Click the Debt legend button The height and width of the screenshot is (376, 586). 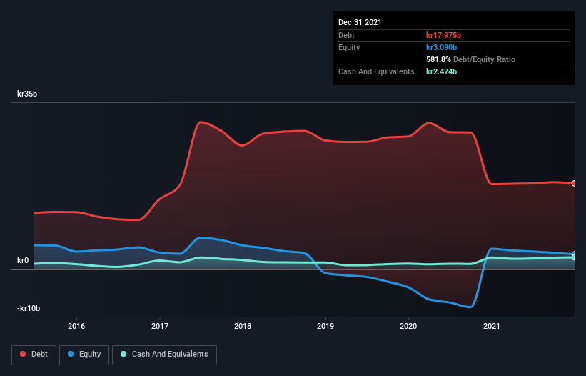coord(33,354)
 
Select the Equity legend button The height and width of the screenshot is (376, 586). coord(84,354)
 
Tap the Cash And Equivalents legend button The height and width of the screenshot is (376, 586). coord(164,354)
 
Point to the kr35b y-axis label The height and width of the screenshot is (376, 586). coord(29,94)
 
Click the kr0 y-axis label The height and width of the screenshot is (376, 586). coord(23,260)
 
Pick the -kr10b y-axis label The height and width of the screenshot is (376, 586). coord(29,308)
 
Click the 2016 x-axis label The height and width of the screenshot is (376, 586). coord(76,326)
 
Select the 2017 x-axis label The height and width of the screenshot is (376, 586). coord(160,326)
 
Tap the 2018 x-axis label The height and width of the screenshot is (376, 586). coord(243,326)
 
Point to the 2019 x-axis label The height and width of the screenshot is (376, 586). coord(325,326)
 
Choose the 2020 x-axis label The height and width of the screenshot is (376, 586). coord(408,326)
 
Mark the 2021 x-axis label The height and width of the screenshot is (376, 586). coord(491,326)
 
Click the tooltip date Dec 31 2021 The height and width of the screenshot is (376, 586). coord(360,22)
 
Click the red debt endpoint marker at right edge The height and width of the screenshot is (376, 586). coord(574,184)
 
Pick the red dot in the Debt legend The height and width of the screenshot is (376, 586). coord(23,354)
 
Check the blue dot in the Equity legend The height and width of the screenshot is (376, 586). coord(71,354)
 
